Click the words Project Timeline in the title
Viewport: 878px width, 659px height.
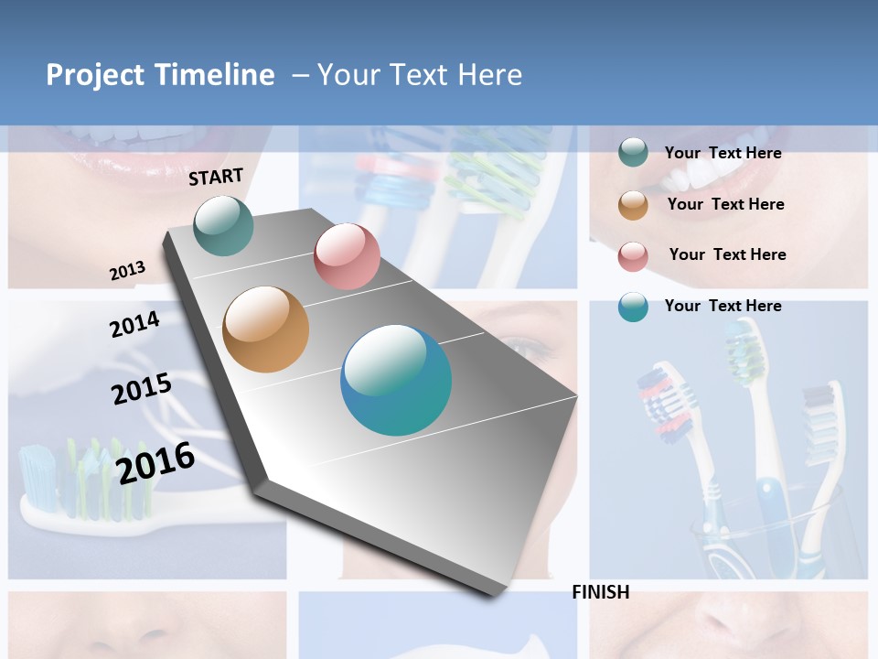click(x=160, y=75)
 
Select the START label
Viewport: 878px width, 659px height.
click(x=216, y=177)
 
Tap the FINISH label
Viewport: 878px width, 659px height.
click(x=600, y=592)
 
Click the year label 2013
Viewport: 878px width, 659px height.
click(x=127, y=271)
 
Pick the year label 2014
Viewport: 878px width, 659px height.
click(x=134, y=324)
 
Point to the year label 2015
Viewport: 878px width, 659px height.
click(x=142, y=388)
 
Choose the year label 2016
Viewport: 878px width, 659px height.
click(x=155, y=462)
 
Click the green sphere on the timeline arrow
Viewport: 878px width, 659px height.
click(x=224, y=225)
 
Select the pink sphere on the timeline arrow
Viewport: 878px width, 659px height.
click(x=347, y=256)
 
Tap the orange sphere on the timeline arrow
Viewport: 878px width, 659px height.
click(x=266, y=329)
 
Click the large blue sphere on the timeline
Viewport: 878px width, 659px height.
click(x=396, y=380)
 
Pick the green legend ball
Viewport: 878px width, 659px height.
click(x=633, y=153)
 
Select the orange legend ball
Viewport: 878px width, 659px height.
click(x=633, y=205)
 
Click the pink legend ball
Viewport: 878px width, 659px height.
click(x=633, y=256)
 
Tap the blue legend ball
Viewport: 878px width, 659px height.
click(x=633, y=307)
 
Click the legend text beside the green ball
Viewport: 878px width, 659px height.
click(x=723, y=153)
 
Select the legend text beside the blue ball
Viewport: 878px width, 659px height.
click(x=723, y=306)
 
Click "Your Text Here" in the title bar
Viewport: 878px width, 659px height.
click(x=420, y=75)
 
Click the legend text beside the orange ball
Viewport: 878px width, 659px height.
click(x=725, y=204)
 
